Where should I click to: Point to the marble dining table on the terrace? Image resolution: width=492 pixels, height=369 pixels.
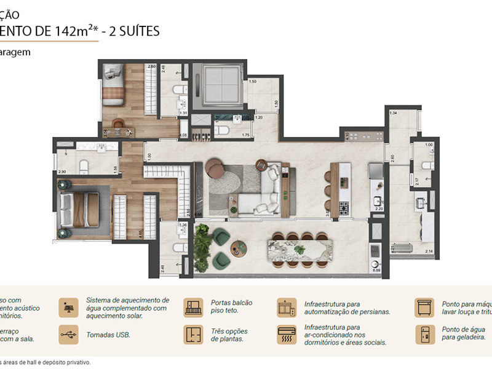[x=299, y=252]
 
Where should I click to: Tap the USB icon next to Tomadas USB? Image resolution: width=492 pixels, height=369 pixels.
[x=68, y=335]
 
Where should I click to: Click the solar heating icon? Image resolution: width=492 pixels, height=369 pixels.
[x=68, y=307]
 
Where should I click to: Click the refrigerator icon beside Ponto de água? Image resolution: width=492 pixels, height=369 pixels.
[x=424, y=335]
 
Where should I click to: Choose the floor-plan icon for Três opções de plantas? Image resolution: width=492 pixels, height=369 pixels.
[x=193, y=335]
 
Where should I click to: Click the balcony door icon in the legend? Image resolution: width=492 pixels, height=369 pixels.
[x=193, y=307]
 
